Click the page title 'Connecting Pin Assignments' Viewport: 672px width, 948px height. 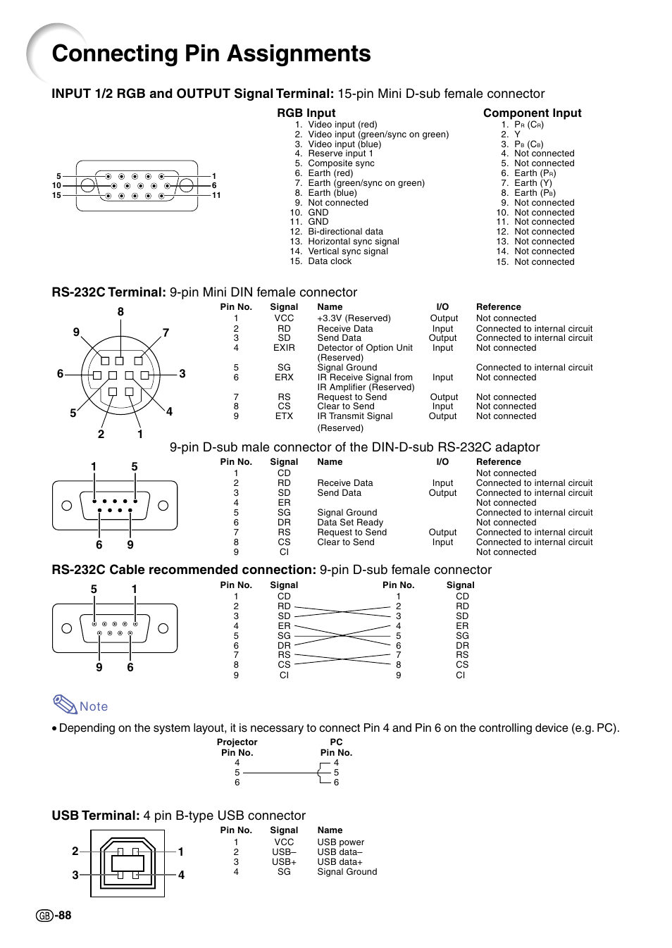(x=211, y=54)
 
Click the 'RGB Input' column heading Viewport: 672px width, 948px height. (x=306, y=113)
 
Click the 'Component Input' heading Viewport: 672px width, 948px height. (x=532, y=113)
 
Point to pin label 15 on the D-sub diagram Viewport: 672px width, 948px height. (x=56, y=195)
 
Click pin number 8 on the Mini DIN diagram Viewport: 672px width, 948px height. (x=120, y=311)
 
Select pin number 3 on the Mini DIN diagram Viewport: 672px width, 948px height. (x=182, y=374)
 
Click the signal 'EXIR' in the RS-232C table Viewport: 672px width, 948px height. (x=284, y=348)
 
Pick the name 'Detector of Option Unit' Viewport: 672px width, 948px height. (x=365, y=348)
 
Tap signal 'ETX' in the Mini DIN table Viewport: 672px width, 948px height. (x=284, y=416)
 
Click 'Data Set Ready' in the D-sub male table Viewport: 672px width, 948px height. (x=350, y=523)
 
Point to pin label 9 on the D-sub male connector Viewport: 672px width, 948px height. (x=130, y=544)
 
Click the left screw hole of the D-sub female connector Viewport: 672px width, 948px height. (x=67, y=628)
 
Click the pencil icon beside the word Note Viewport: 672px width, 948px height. (x=65, y=704)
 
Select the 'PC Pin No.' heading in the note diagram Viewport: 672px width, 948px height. (x=336, y=747)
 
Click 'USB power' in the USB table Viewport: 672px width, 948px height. (x=341, y=842)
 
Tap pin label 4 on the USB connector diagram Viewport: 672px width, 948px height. (x=181, y=875)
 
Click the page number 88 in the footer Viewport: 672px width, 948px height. (x=65, y=916)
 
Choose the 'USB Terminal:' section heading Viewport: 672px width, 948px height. (x=96, y=816)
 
